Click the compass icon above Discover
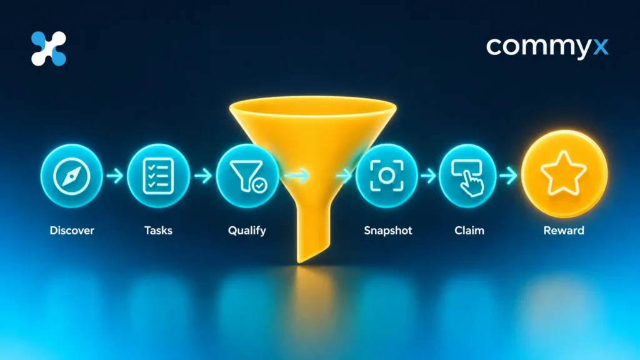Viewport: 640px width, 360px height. point(71,176)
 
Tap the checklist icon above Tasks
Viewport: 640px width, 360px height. point(158,176)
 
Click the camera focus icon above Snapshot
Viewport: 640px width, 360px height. point(386,176)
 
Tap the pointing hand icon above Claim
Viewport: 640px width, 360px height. point(467,177)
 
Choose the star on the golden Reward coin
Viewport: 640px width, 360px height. point(564,173)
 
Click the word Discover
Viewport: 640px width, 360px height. point(72,231)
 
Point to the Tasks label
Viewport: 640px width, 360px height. point(158,231)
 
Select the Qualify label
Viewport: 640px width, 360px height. point(247,231)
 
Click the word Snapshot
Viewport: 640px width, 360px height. point(388,231)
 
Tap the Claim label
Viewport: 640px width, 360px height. point(469,231)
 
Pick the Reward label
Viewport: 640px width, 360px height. point(564,231)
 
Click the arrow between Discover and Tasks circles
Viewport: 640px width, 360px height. point(115,176)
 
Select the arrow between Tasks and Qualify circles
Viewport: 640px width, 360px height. point(203,176)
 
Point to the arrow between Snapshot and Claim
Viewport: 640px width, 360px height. point(428,176)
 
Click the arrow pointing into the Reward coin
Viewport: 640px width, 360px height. point(508,176)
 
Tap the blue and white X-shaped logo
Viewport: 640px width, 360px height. point(49,49)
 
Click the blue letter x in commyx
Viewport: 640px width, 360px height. point(601,47)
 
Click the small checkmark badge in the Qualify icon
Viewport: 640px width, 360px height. point(259,185)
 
